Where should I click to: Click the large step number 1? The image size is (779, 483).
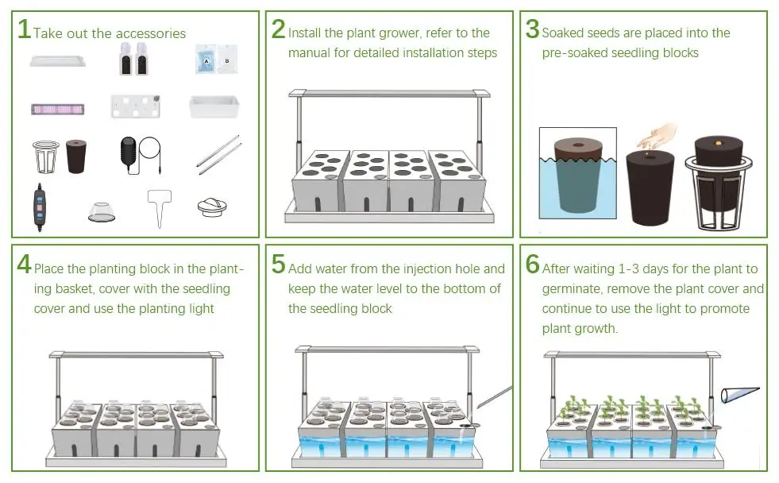click(x=24, y=29)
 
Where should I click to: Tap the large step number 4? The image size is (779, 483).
click(x=24, y=265)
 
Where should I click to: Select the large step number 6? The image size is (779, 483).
click(x=533, y=264)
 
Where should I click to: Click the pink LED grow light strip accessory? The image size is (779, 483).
click(x=58, y=109)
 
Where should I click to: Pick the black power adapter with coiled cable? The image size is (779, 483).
click(x=140, y=155)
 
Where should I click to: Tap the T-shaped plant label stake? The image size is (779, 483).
click(x=160, y=207)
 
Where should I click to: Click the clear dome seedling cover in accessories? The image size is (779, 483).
click(x=102, y=212)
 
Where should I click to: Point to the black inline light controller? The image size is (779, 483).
click(x=39, y=207)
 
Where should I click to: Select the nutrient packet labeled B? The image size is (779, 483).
click(x=228, y=59)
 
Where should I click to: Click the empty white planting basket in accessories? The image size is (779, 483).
click(x=46, y=156)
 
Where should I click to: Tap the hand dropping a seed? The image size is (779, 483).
click(x=656, y=136)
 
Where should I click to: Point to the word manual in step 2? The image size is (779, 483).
click(x=309, y=52)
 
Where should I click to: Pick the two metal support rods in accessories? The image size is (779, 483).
click(x=218, y=155)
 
